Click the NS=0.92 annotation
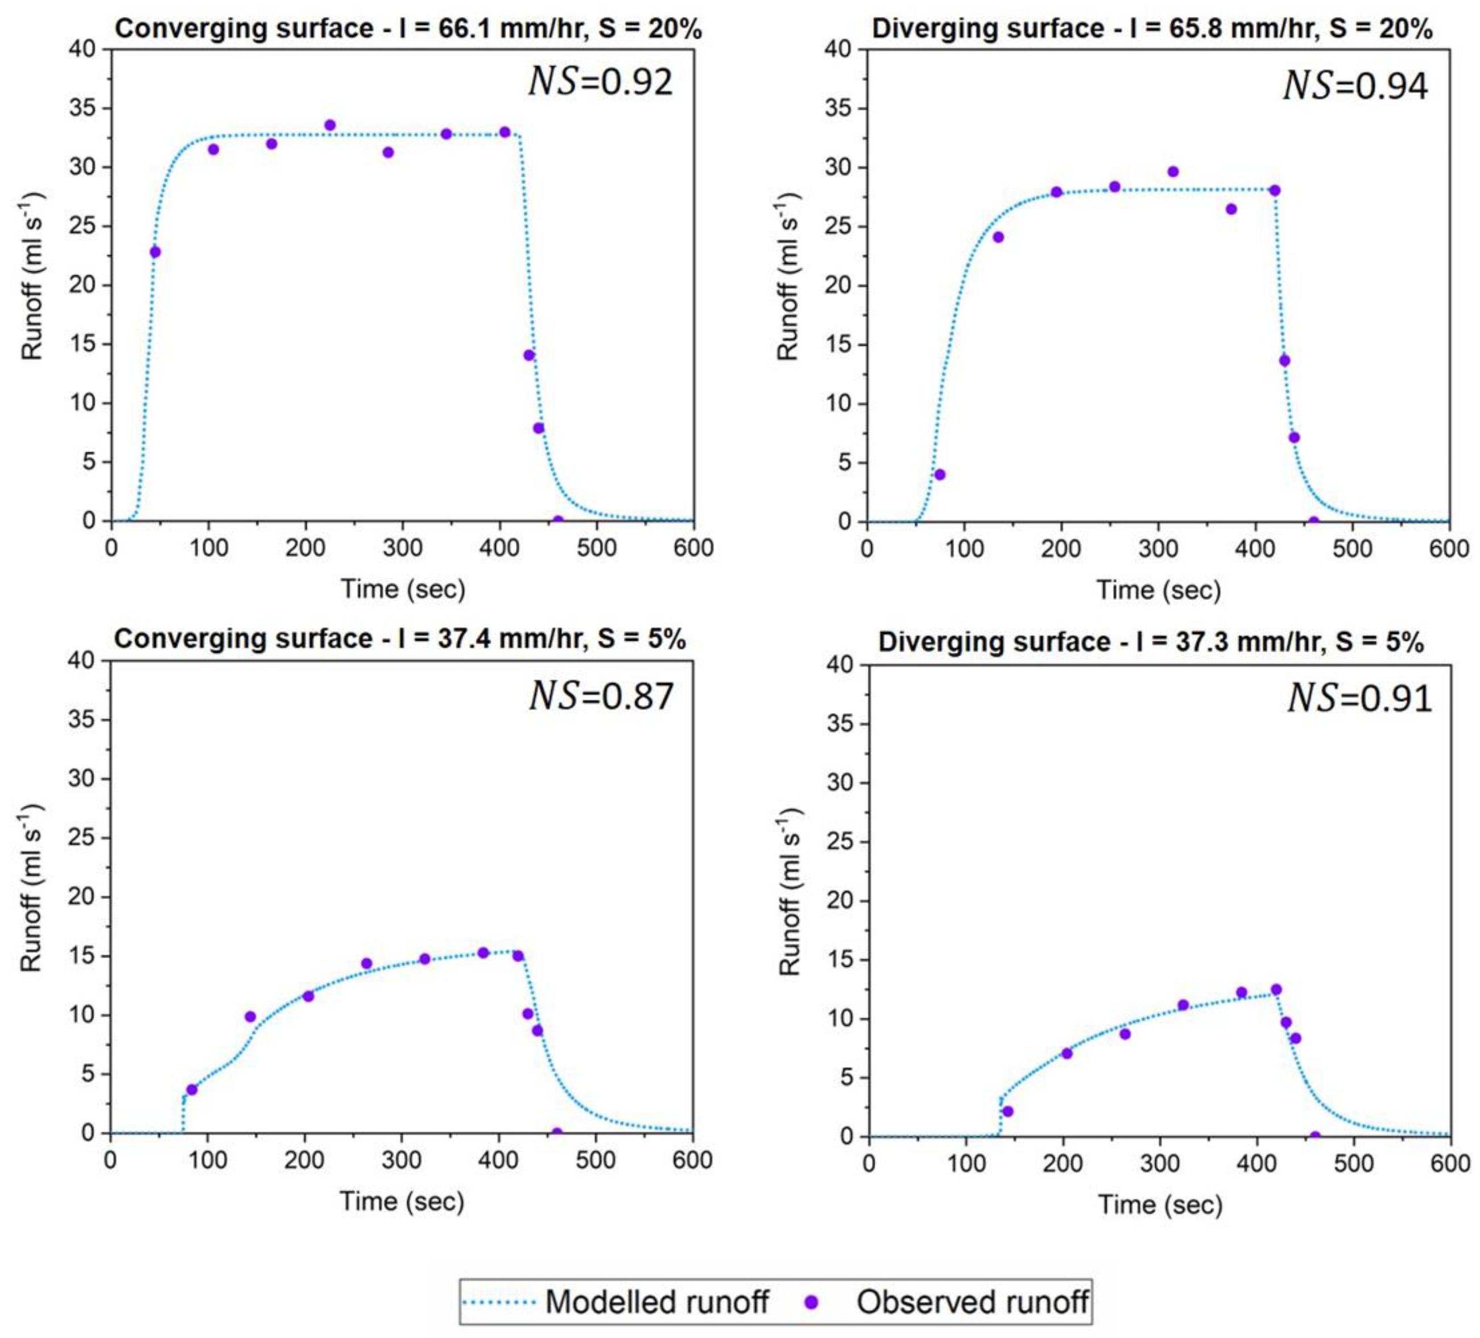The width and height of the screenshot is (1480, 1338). coord(601,82)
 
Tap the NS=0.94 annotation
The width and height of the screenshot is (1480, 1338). coord(1355,86)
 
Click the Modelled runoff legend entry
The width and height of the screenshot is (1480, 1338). coord(617,1302)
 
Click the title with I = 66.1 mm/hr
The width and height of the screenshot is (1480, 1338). coord(408,28)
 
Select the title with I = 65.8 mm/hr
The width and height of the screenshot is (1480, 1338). coord(1152,28)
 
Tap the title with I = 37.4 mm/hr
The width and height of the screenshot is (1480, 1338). coord(400,639)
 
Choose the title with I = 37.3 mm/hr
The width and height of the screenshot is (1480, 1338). coord(1151,642)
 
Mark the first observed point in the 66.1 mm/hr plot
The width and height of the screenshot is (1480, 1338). coord(155,252)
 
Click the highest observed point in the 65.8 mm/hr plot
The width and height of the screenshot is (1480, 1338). coord(1172,172)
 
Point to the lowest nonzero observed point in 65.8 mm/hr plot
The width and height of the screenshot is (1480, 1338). coord(939,474)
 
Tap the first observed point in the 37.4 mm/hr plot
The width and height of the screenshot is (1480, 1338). coord(192,1089)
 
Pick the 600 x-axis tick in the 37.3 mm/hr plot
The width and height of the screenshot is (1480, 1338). coord(1450,1164)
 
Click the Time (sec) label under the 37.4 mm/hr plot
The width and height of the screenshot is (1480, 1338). coord(402,1202)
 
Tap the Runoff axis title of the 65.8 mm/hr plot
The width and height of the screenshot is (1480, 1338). coord(788,277)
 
